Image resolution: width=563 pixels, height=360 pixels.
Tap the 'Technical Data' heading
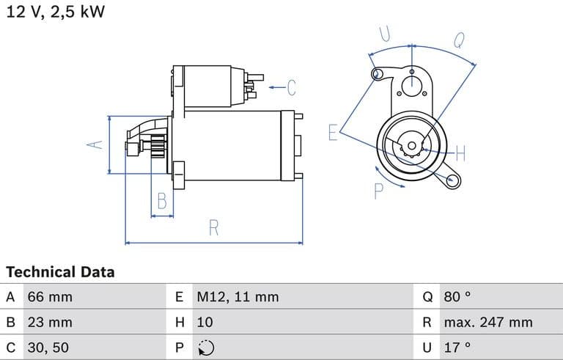coord(60,272)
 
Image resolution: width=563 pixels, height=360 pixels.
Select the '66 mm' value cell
coord(50,297)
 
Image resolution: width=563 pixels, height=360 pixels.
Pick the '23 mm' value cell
coord(50,322)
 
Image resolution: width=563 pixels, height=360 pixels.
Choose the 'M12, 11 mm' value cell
coord(238,297)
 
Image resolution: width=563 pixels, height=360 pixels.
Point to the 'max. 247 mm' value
coord(488,322)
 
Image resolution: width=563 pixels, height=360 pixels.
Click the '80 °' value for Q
coord(457,297)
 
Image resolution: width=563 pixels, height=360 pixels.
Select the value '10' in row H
coord(205,322)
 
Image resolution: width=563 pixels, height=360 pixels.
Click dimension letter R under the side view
coord(214,227)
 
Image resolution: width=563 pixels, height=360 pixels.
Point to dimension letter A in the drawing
coord(94,145)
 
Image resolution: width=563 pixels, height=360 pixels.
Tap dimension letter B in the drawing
coord(163,201)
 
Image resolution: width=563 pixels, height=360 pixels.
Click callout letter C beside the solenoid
coord(291,88)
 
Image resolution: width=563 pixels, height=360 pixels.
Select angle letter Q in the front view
coord(460,40)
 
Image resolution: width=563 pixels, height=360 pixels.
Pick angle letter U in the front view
coord(384,34)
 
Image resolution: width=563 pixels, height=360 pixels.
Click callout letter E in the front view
coord(333,132)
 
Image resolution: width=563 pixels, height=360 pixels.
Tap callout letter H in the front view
coord(460,153)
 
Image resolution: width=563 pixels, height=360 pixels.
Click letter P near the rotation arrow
coord(379,191)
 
